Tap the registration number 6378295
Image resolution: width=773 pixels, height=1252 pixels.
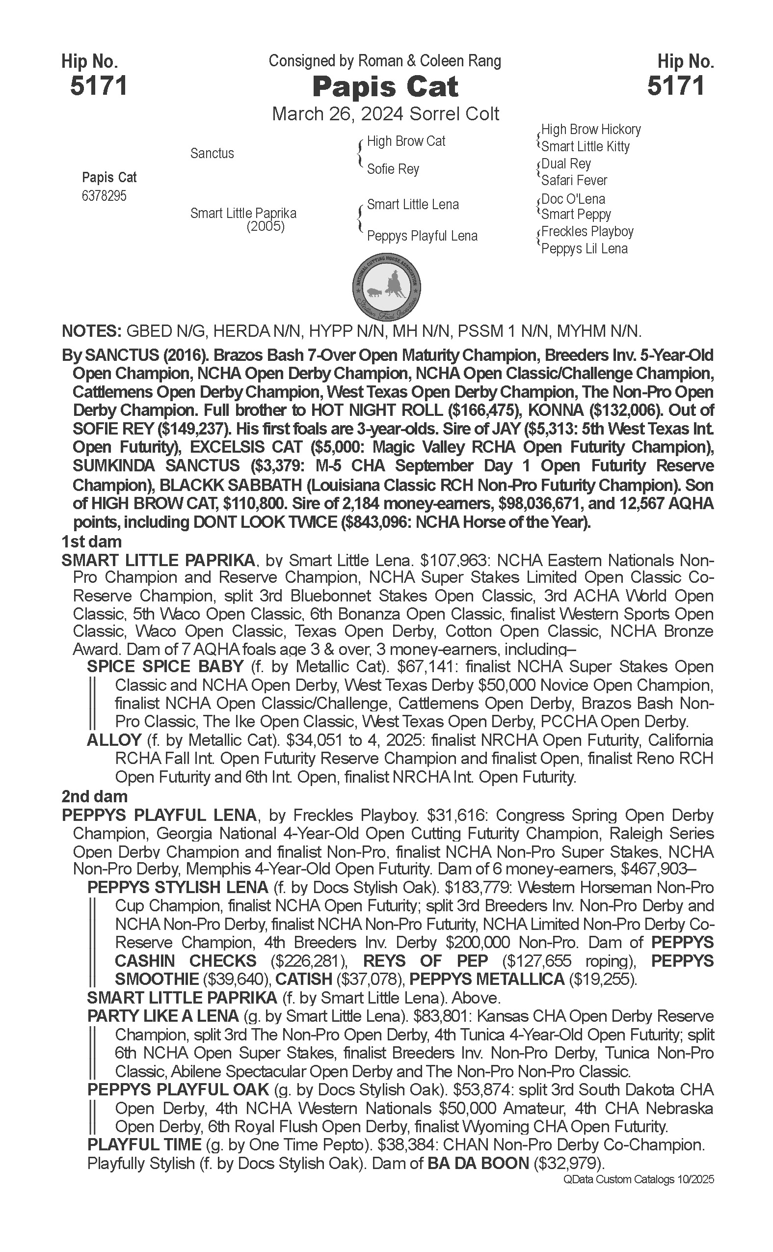[104, 196]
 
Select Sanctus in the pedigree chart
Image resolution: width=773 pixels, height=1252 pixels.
[212, 153]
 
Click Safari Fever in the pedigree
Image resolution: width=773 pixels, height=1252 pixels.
[574, 180]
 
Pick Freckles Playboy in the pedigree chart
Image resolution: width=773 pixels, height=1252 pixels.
[587, 232]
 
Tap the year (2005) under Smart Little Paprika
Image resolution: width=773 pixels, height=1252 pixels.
[266, 226]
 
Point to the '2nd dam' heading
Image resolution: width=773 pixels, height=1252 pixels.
[95, 796]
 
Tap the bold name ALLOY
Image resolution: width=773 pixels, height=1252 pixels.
[114, 739]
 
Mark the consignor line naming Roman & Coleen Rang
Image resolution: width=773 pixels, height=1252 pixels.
[385, 61]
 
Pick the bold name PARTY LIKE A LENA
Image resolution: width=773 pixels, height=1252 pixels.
[162, 1016]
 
